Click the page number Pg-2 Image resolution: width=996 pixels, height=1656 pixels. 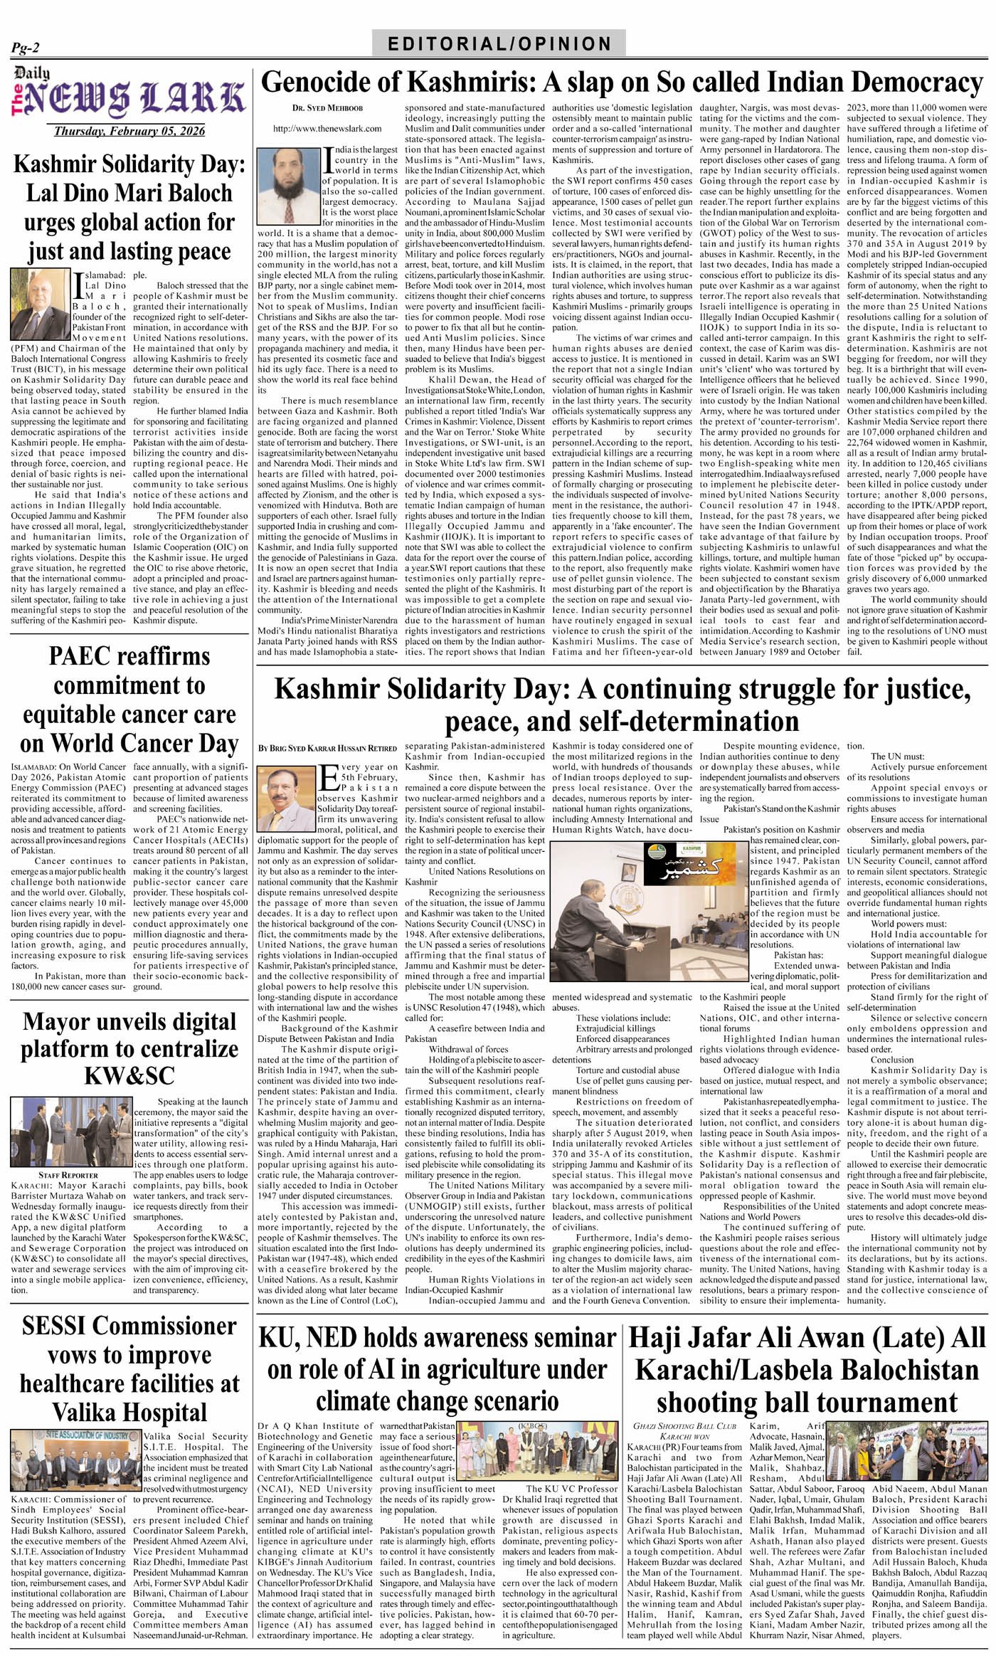26,48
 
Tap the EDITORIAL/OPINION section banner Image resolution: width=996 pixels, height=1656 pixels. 499,43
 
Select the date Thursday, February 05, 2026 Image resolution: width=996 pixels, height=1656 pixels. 129,131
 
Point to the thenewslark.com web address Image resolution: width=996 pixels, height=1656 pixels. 327,129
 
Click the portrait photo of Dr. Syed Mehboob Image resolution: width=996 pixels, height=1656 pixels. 289,185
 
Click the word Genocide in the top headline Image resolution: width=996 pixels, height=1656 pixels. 331,83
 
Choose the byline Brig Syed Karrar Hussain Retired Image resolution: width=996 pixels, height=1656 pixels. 327,748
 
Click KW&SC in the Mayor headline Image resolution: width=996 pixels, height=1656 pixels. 129,1075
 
